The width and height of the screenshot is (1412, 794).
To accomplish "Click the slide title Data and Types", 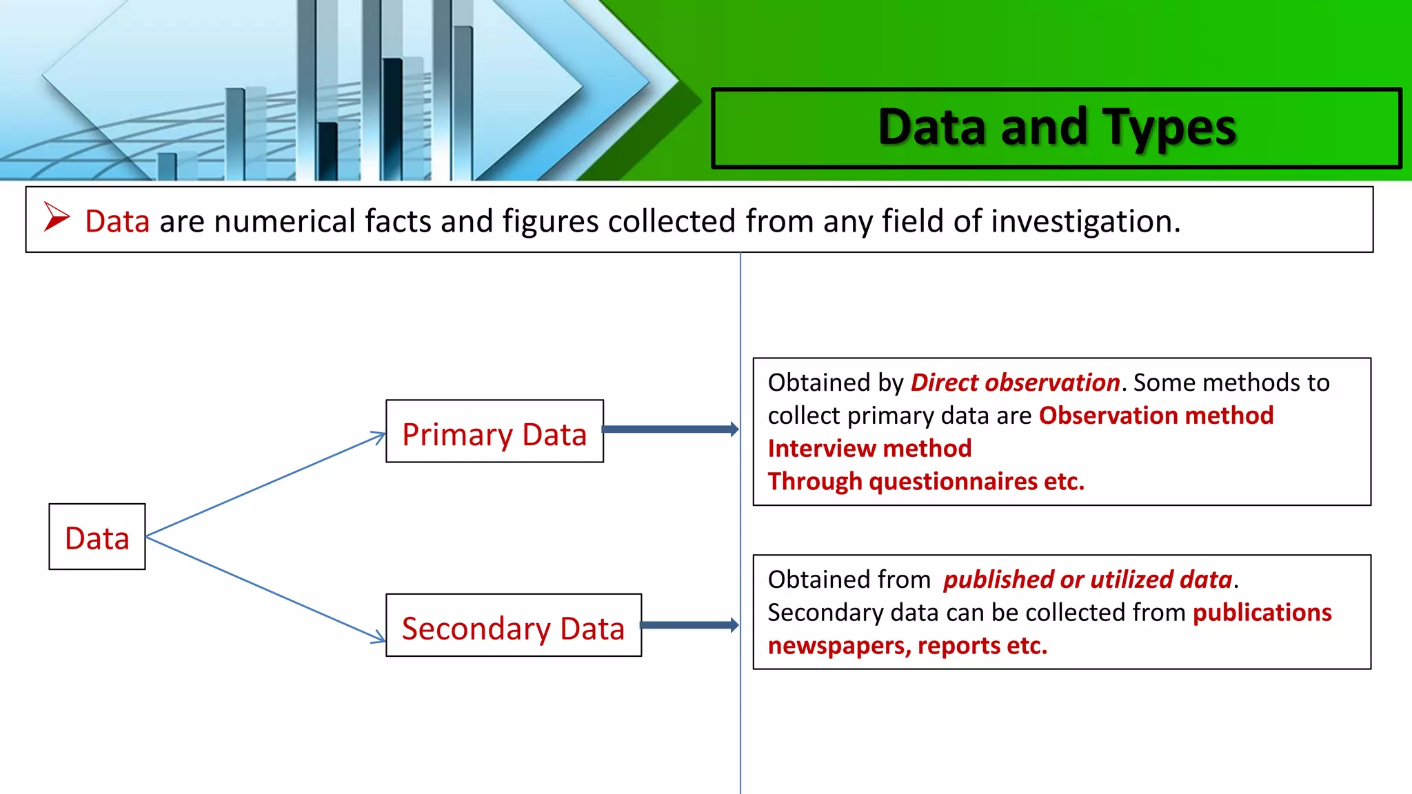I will pos(1056,128).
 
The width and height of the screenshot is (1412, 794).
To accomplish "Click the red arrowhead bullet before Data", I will pos(57,217).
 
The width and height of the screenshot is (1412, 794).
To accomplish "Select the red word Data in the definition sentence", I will pos(117,221).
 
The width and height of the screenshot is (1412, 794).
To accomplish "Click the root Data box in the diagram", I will pos(97,537).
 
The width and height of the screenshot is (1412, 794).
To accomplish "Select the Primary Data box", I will pos(494,431).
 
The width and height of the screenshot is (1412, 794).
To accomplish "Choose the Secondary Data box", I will pos(513,626).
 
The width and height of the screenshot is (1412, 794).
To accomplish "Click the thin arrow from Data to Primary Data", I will pos(265,484).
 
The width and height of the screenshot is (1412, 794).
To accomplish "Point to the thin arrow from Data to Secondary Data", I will pos(265,588).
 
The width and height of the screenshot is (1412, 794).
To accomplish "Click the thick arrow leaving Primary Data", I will pos(669,429).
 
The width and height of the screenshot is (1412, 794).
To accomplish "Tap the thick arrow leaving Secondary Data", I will pos(688,625).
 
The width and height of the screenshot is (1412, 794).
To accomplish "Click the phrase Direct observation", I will pos(1015,383).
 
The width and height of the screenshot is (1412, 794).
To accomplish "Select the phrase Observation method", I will pos(1156,416).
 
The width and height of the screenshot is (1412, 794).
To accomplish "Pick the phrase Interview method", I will pos(869,449).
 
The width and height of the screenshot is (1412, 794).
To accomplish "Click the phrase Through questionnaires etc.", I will pos(926,482).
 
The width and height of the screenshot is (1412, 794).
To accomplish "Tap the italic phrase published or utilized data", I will pos(1087,580).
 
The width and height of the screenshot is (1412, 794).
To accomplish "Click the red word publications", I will pos(1262,613).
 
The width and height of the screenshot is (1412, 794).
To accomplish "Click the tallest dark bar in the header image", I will pos(393,117).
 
